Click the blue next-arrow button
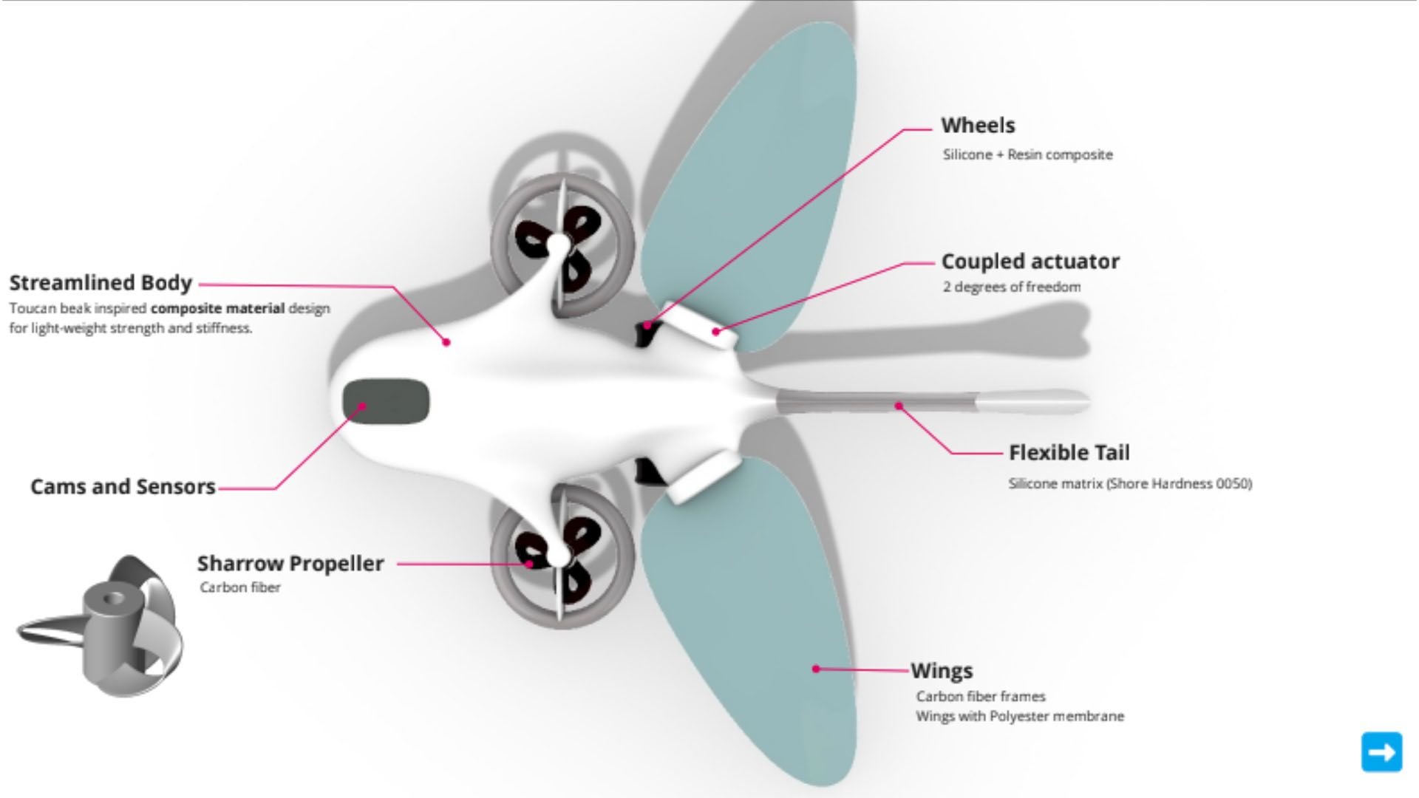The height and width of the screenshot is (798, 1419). coord(1381,752)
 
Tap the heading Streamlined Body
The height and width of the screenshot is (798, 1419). coord(101,283)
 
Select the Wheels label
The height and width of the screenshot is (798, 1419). coord(977,126)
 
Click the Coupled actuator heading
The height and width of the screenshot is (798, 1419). coord(1030,262)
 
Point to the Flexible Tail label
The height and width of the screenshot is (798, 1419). coord(1069,452)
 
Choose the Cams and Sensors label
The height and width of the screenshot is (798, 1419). coord(123,487)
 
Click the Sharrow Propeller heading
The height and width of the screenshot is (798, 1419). coord(290,564)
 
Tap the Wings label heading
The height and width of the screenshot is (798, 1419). coord(941,671)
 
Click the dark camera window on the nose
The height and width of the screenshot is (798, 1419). coord(386,401)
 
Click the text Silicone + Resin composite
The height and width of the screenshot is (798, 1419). coord(1027,155)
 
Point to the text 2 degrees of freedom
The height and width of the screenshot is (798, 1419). coord(1011,287)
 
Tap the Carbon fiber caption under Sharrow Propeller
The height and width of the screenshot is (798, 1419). coord(240,588)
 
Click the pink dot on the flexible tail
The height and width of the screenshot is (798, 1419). coord(899,406)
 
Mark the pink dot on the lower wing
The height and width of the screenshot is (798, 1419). coord(816,669)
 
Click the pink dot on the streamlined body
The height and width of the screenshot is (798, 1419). coord(446,342)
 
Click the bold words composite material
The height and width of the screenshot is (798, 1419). coord(217,309)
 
